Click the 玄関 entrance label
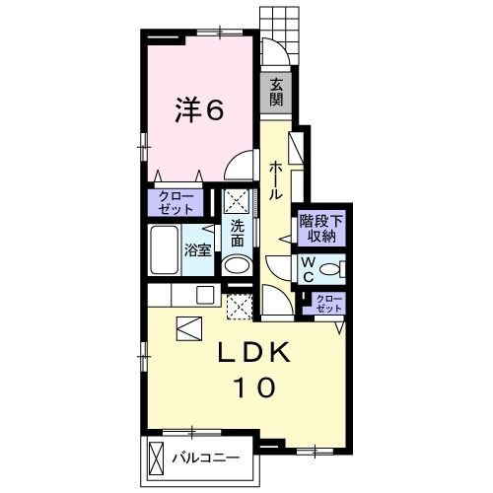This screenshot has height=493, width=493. point(276,93)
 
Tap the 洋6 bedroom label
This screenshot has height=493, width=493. point(199,109)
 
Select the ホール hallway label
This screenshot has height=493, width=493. point(276,181)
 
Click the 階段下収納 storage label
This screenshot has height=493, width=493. point(321,228)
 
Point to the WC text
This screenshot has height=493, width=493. point(309,270)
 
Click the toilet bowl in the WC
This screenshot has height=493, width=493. point(329,270)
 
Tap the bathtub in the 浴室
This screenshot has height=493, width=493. point(164,250)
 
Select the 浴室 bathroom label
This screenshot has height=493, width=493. point(197,250)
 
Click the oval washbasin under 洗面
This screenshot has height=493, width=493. point(237,265)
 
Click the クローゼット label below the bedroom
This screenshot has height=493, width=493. point(176,203)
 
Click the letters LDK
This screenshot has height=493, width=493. point(254,352)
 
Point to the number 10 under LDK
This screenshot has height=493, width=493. point(253,387)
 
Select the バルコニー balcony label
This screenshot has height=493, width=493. point(206,458)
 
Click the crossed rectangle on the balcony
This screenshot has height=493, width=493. point(156,457)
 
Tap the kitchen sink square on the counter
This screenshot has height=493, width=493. point(205,294)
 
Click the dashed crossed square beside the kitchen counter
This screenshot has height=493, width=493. point(240,307)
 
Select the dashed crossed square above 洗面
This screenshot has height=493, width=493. point(237,201)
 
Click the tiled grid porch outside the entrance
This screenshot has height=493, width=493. point(280,35)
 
